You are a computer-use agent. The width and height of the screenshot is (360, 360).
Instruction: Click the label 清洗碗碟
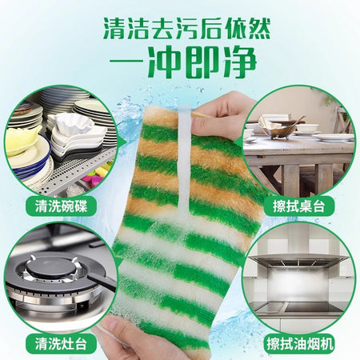point(61,206)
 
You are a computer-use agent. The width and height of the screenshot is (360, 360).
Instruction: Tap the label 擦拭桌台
point(299,206)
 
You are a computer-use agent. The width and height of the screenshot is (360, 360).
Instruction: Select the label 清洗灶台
point(61,343)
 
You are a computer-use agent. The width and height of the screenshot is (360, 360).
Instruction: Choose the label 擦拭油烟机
point(299,343)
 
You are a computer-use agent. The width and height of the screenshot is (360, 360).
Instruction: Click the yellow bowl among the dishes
point(22,141)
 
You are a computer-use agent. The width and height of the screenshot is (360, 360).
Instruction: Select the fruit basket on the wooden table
point(282,127)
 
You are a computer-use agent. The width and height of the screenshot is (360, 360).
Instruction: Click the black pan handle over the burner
point(102,282)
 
